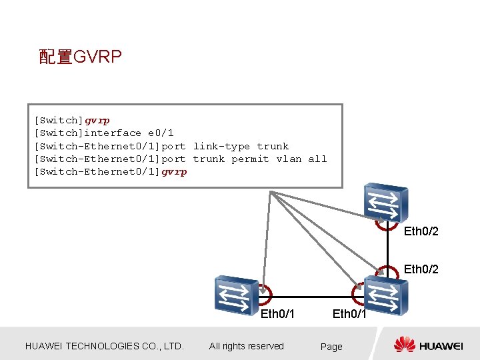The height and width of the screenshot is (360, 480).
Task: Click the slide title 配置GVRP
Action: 80,57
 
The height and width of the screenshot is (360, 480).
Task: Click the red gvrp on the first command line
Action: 97,121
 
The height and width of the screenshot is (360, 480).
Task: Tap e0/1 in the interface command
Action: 161,133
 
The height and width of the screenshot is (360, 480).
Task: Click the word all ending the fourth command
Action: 318,159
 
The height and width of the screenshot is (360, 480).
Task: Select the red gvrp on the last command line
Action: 174,172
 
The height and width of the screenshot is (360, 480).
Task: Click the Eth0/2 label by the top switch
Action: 421,231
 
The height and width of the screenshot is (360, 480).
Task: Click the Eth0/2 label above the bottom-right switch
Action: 421,269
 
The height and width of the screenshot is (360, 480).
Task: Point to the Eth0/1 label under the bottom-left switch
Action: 277,313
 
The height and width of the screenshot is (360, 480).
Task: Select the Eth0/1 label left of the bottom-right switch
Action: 349,313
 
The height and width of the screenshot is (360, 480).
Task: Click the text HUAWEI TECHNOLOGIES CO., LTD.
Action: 104,346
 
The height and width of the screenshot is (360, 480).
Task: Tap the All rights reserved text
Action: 247,346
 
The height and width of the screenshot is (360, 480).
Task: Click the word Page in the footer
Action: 331,347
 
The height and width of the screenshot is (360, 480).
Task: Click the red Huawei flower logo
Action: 404,345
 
